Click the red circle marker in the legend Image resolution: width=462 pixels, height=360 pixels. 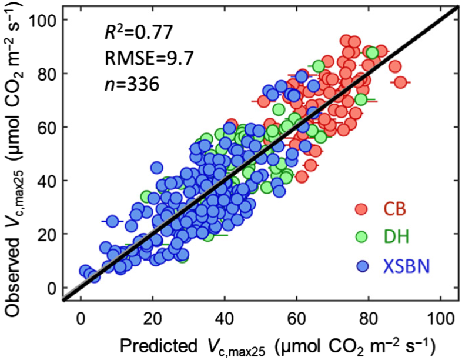pos(361,209)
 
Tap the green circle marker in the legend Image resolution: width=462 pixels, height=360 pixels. pos(361,237)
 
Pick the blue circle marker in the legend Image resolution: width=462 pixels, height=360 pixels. pos(361,266)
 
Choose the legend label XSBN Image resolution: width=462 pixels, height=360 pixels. pos(407,266)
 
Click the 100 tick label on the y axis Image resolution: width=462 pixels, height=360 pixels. pos(45,21)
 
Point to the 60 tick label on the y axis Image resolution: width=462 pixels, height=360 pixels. pos(48,127)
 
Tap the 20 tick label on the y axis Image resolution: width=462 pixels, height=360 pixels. pos(48,234)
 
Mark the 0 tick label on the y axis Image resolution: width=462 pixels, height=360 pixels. pos(52,288)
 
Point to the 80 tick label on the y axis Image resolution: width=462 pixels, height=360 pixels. pos(48,74)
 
